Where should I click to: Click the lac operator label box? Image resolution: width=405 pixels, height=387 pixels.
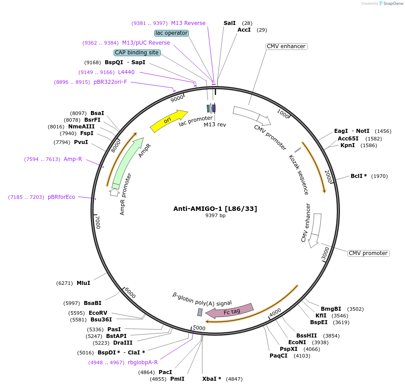pos(172,33)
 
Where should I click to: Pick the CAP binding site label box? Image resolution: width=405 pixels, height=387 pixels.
pos(137,53)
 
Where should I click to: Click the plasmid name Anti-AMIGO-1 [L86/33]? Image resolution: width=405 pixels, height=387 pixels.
pos(215,208)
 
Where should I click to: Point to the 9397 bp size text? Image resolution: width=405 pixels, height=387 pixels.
pos(215,216)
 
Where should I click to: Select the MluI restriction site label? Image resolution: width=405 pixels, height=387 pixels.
pos(83,283)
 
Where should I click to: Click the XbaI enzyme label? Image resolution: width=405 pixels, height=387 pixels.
pos(212,379)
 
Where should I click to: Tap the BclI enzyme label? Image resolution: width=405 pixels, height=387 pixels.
pos(359,176)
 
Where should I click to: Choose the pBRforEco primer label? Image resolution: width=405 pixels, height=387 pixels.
pos(61,197)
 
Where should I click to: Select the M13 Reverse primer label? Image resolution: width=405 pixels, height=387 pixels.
pos(188,23)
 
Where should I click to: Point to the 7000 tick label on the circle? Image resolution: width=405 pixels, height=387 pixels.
pos(97,222)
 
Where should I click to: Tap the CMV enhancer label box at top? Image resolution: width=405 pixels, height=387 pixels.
pos(286,46)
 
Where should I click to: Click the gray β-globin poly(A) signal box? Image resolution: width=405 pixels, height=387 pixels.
pos(200,312)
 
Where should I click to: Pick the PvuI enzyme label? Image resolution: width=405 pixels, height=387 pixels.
pos(81,142)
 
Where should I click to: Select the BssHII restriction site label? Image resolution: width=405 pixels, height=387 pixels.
pos(307,336)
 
